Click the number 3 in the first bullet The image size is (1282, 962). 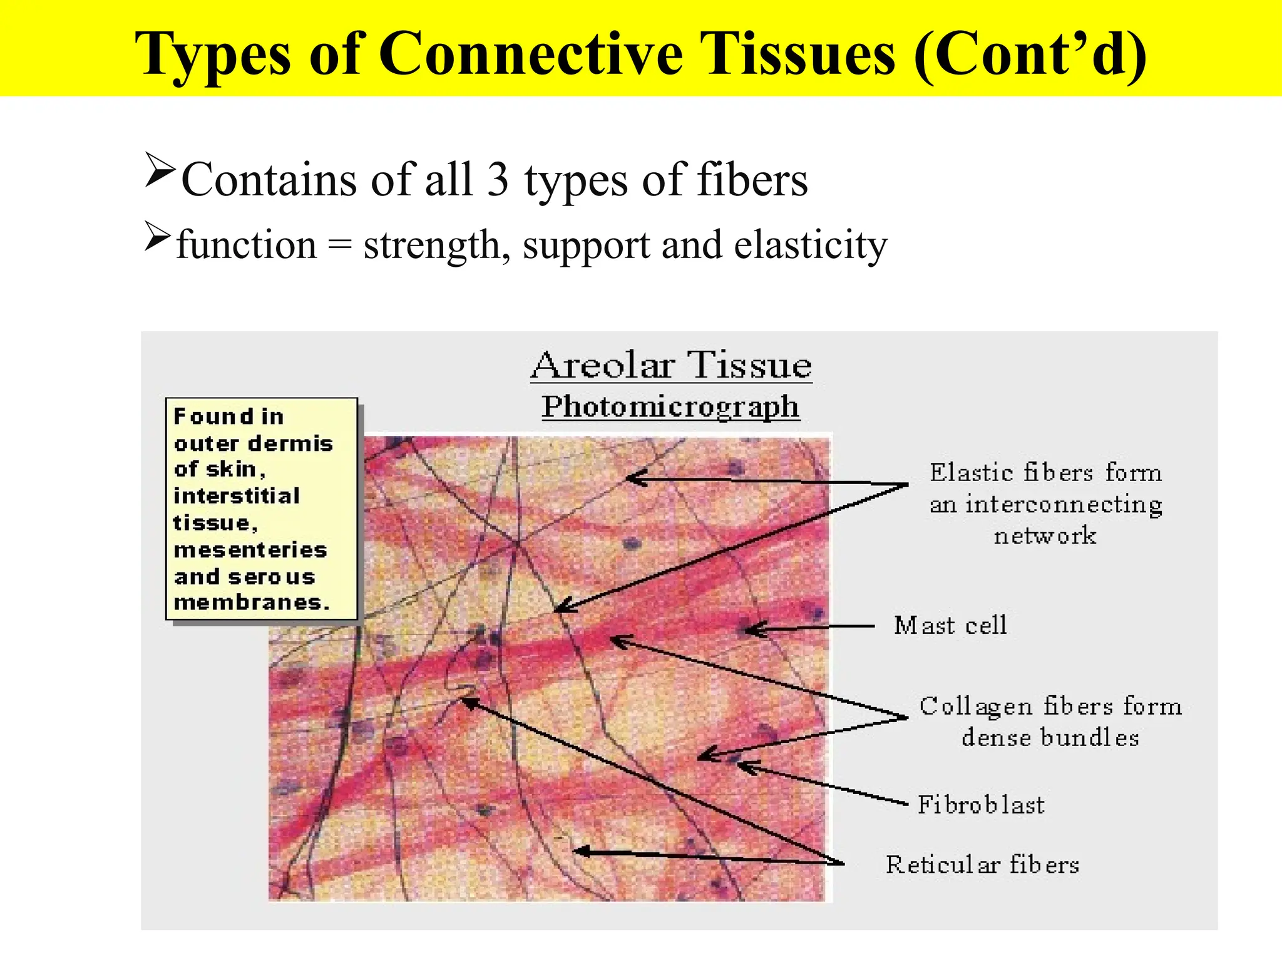click(x=498, y=180)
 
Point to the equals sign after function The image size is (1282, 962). click(x=339, y=246)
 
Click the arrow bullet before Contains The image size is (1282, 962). click(x=159, y=170)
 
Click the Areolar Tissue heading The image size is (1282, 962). click(x=671, y=365)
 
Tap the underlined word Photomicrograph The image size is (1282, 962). click(x=670, y=406)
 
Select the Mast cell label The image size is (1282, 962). click(x=950, y=625)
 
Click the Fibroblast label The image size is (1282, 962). click(x=981, y=805)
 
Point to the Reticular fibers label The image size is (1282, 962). click(x=982, y=865)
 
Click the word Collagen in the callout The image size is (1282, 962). click(x=975, y=706)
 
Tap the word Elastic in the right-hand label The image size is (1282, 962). click(x=971, y=472)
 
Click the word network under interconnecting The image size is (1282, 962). click(x=1045, y=536)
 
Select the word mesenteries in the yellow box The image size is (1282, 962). click(x=250, y=550)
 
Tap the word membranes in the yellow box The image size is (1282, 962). click(x=250, y=603)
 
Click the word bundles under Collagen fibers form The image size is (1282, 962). click(x=1089, y=738)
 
